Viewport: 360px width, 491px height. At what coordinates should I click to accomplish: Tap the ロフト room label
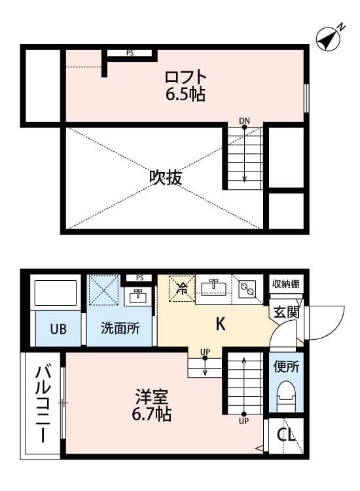[185, 77]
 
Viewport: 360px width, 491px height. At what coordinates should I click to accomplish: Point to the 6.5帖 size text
[185, 95]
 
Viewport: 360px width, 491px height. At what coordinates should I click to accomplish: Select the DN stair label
[244, 120]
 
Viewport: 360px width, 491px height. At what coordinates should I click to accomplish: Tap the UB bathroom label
[58, 329]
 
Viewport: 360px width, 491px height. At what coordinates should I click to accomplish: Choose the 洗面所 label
[119, 329]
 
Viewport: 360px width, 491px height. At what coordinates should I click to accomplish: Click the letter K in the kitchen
[221, 323]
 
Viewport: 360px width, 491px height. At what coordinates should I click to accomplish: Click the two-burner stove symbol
[247, 288]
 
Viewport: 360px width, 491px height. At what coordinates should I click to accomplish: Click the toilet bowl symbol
[287, 395]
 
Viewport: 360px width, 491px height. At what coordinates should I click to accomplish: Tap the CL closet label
[286, 435]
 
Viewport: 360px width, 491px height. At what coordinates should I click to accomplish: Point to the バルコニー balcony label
[41, 403]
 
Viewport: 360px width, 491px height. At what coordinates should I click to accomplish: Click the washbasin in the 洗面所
[137, 297]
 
